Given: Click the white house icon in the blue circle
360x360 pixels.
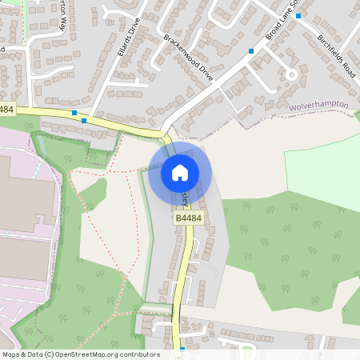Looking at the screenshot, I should tap(180, 172).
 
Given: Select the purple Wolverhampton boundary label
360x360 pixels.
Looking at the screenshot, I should tap(320, 106).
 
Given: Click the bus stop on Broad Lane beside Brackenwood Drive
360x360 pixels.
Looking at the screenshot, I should tap(251, 50).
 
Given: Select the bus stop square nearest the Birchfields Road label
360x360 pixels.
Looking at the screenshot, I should tap(298, 15).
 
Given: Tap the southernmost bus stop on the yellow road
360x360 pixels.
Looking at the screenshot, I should tap(182, 349).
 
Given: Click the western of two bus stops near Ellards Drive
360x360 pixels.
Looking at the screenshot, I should tap(74, 113).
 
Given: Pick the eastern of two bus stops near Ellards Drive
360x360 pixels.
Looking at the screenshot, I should tap(84, 121).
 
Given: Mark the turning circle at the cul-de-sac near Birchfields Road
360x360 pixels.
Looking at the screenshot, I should tap(292, 75).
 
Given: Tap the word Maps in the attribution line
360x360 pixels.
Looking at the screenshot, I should tap(10, 354).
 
